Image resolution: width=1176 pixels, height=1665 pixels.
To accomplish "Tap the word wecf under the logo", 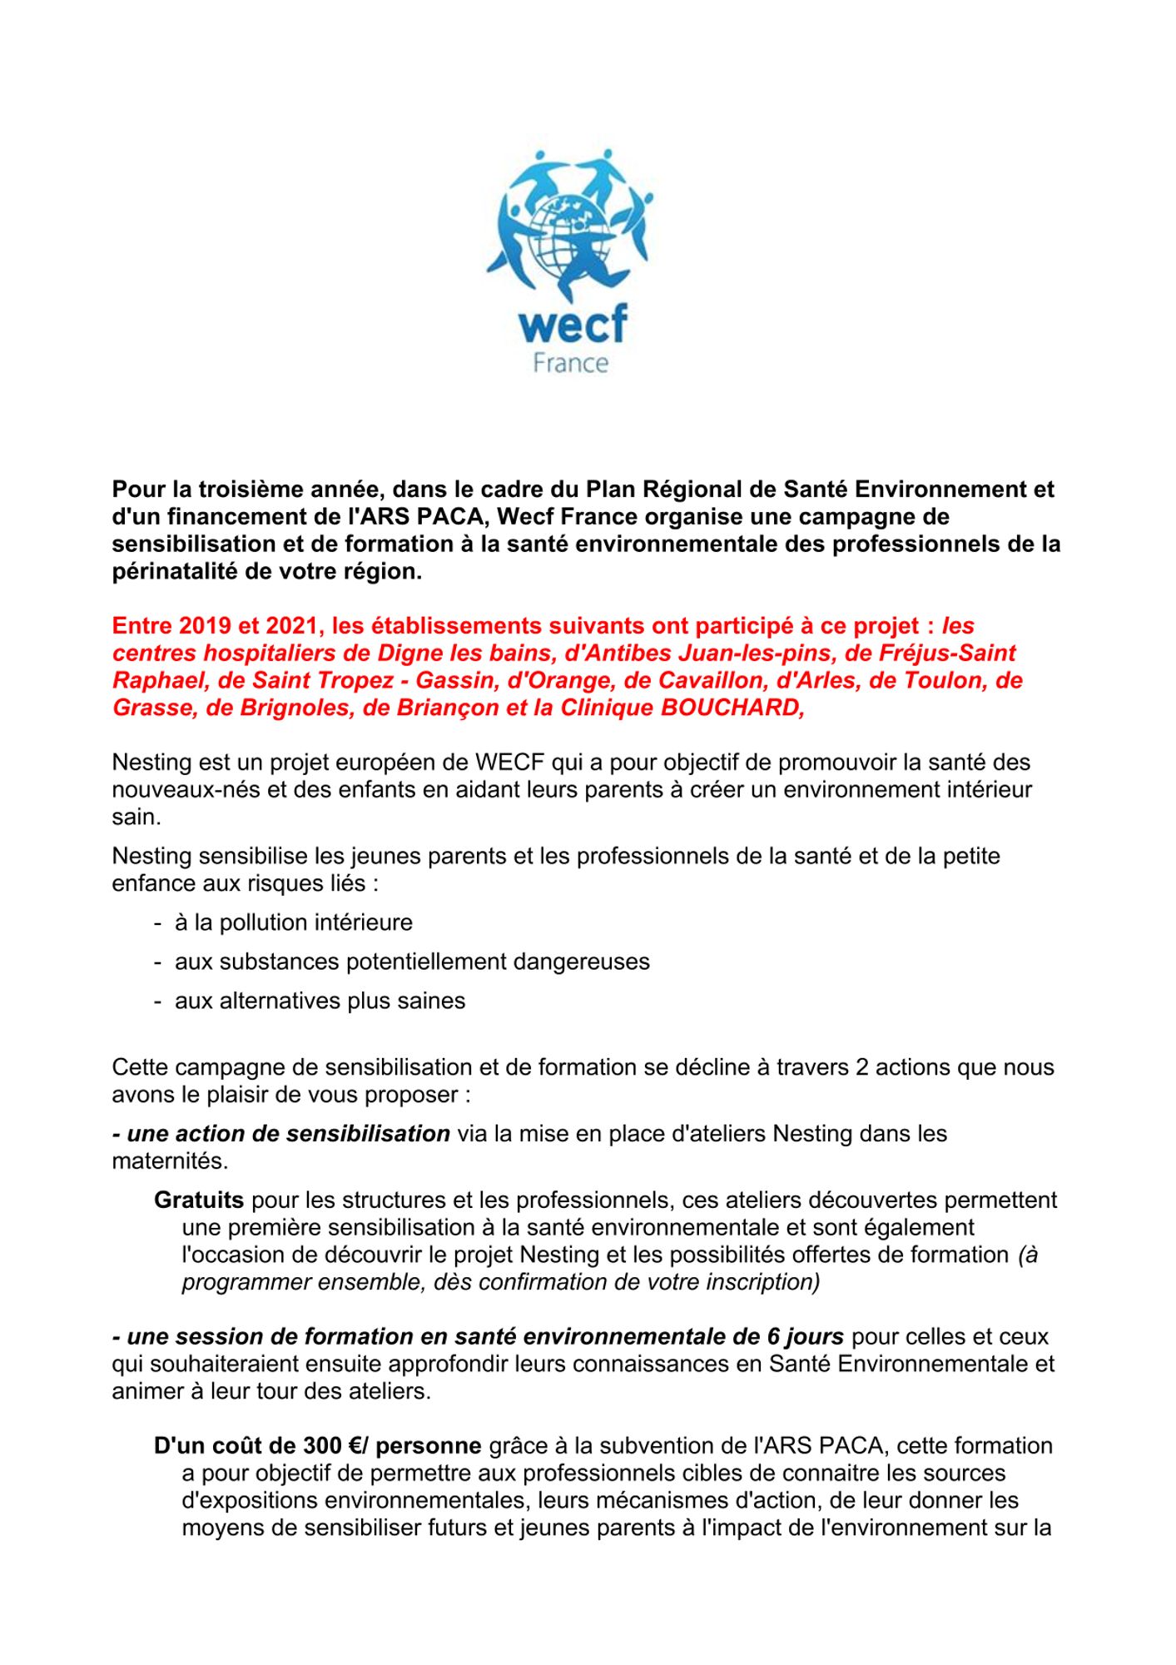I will (x=572, y=325).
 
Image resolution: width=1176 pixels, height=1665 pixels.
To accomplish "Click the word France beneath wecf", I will (x=571, y=364).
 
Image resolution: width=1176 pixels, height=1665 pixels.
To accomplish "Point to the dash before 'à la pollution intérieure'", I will (x=157, y=922).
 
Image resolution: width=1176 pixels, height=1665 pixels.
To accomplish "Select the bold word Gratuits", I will (x=199, y=1200).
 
